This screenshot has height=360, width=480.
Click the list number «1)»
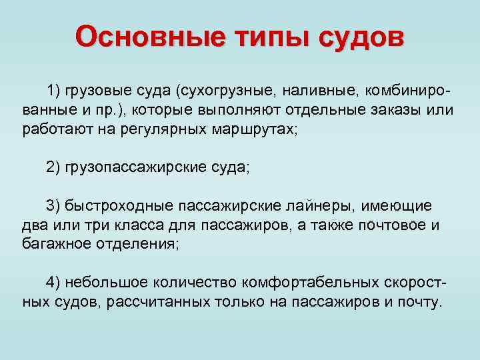pos(53,89)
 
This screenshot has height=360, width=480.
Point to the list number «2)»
pos(53,167)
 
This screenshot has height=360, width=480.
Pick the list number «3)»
pos(53,205)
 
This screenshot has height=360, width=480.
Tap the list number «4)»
pos(53,283)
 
